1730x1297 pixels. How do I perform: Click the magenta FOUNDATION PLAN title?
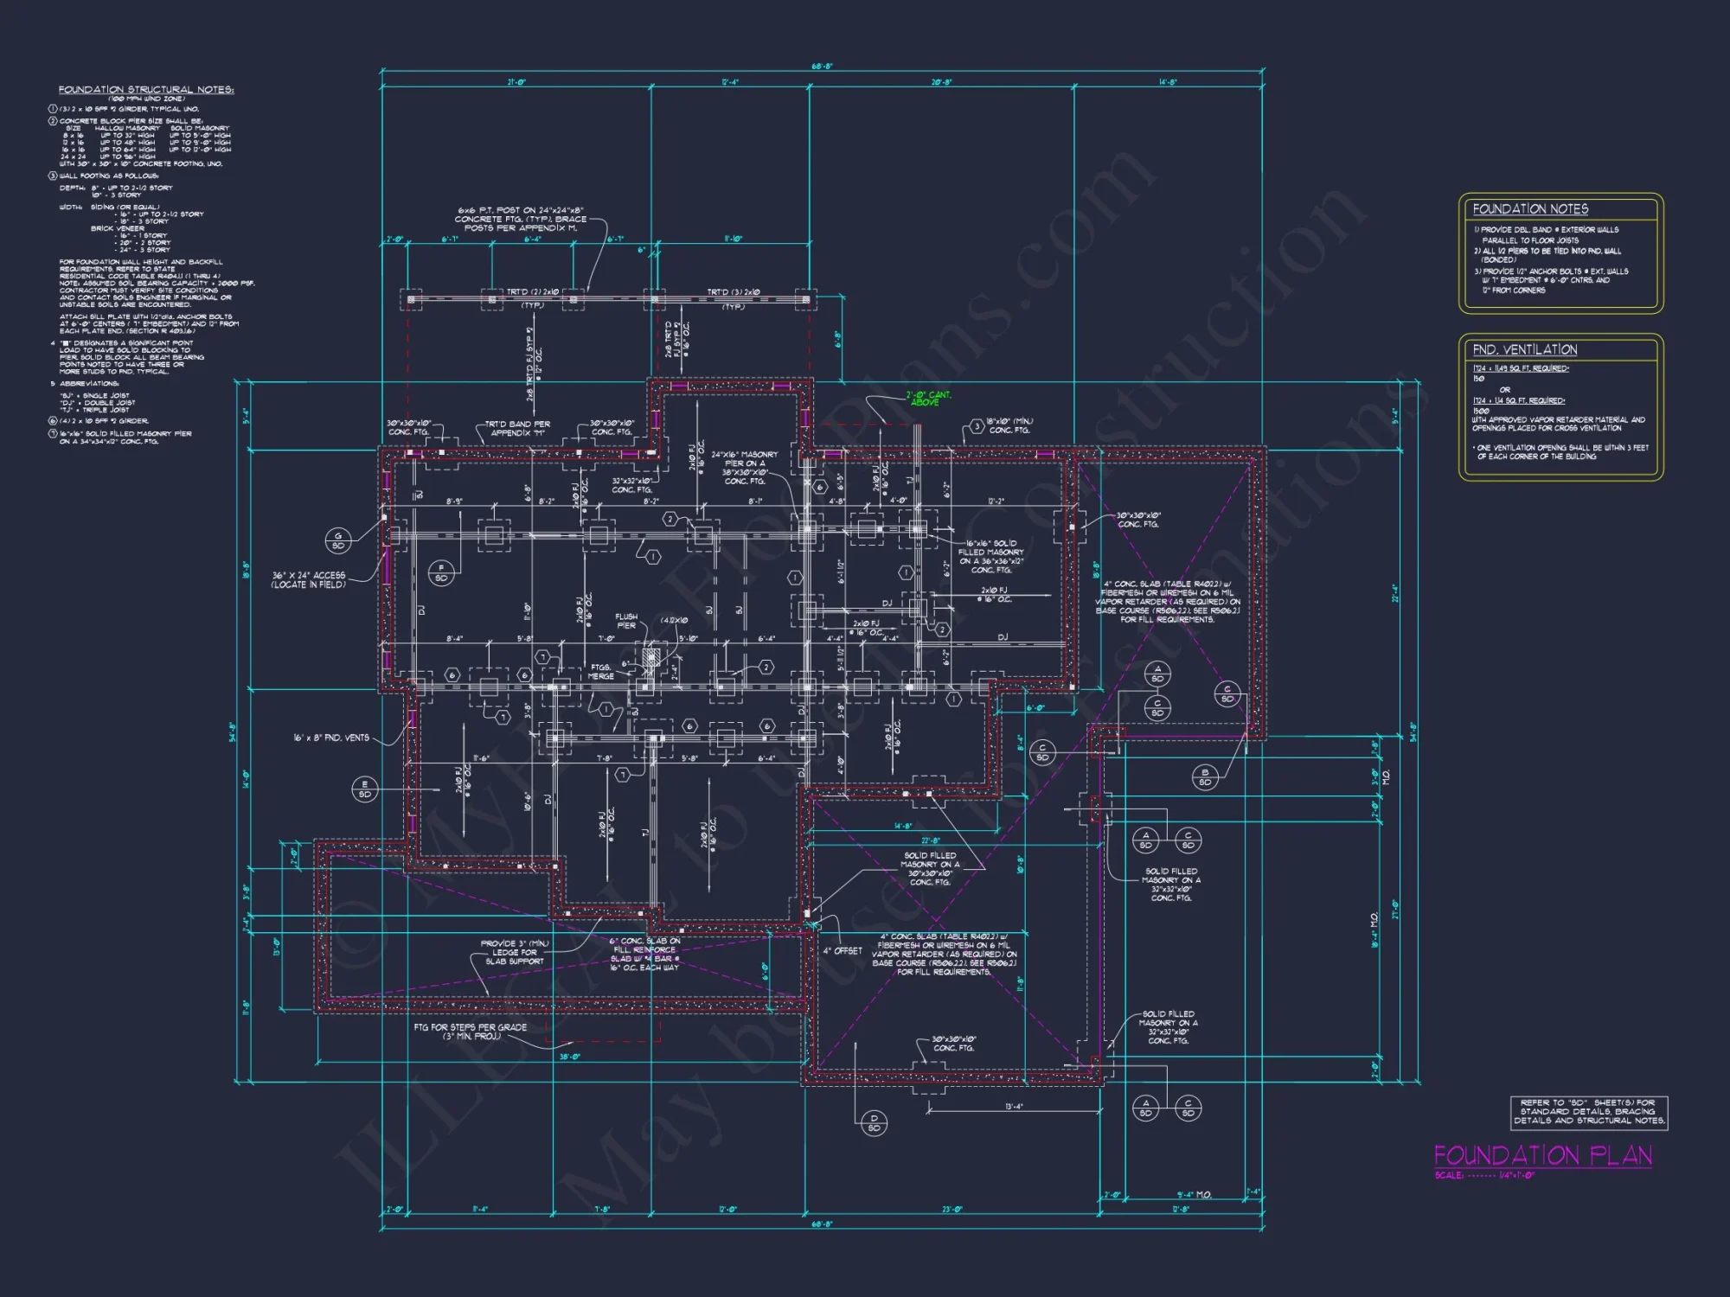(1542, 1156)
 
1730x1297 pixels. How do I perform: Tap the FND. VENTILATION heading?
(1524, 350)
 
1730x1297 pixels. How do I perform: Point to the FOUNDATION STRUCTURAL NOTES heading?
(146, 90)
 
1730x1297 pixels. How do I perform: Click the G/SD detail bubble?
(338, 541)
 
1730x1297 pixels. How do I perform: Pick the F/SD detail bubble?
(441, 573)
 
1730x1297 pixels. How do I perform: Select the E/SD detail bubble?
(364, 789)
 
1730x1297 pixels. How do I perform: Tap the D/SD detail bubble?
(874, 1123)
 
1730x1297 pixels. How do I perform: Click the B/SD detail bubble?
(1204, 777)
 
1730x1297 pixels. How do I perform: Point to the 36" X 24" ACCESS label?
(309, 579)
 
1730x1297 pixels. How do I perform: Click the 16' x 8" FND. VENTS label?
(331, 738)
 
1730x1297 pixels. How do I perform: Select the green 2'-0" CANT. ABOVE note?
(927, 399)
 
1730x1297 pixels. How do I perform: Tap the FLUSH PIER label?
(626, 621)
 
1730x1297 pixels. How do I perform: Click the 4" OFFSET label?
(842, 951)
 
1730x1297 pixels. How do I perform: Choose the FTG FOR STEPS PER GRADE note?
(470, 1032)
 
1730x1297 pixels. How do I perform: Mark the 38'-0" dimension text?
(569, 1057)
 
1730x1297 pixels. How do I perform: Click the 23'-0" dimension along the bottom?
(951, 1210)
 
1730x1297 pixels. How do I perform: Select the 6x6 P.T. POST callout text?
(521, 220)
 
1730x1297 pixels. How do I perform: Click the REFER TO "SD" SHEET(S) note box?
(1588, 1112)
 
